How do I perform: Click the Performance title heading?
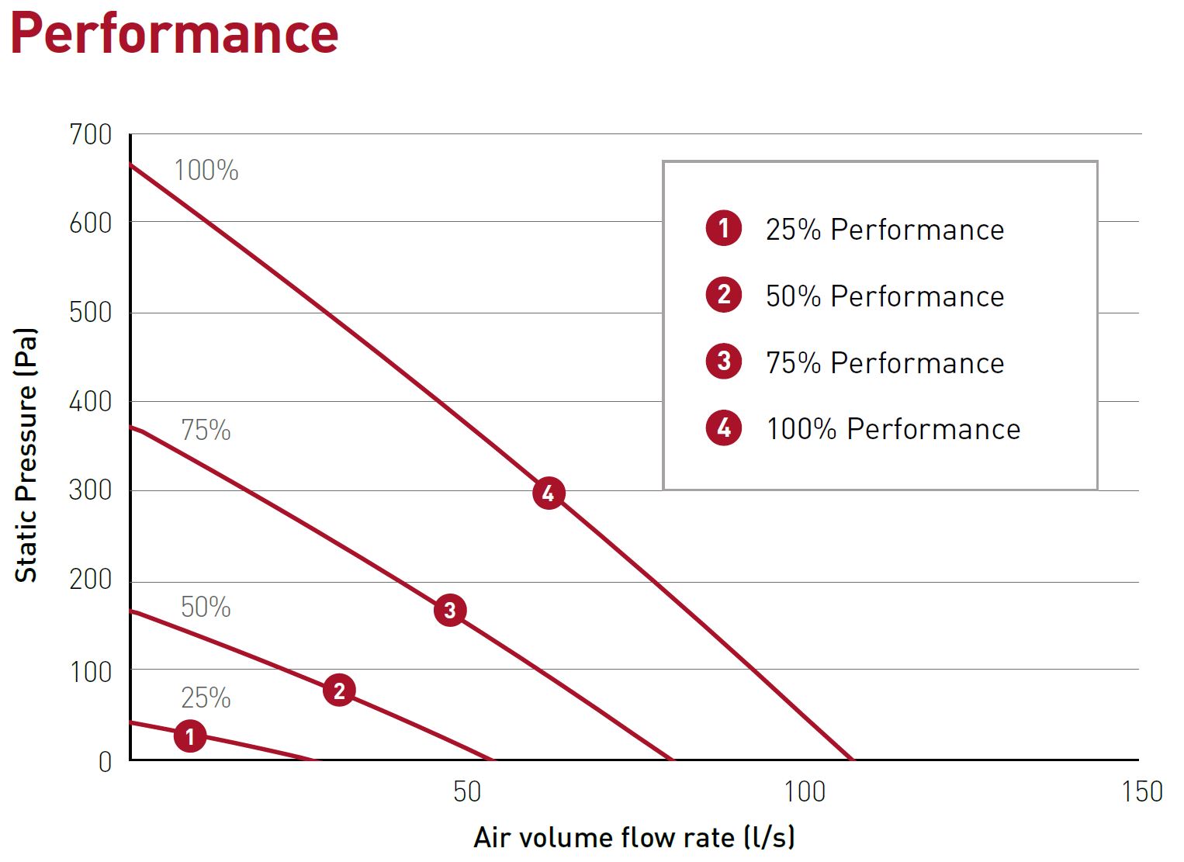coord(174,33)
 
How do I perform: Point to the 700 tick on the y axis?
coord(91,134)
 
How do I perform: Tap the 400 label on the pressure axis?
coord(91,402)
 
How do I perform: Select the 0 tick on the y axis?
coord(105,762)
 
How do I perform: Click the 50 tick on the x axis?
coord(467,792)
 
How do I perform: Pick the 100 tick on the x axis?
coord(805,792)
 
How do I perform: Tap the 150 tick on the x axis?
coord(1142,792)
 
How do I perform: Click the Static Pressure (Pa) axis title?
coord(26,455)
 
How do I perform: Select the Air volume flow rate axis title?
coord(634,838)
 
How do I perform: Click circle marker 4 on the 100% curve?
coord(549,493)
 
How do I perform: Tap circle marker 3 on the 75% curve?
coord(450,611)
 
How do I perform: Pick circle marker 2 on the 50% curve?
coord(339,690)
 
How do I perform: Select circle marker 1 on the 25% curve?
coord(190,736)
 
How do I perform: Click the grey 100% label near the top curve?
coord(206,171)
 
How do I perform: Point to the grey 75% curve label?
coord(206,430)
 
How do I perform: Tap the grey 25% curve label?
coord(206,698)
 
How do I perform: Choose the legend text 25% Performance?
coord(885,230)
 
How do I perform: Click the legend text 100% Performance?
coord(893,429)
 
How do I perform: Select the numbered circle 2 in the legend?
coord(724,295)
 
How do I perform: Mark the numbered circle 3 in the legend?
coord(724,362)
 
